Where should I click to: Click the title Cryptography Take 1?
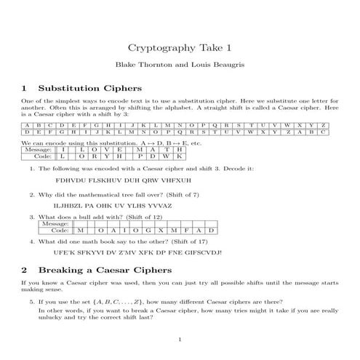click(180, 48)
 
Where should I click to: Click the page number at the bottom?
click(180, 340)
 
